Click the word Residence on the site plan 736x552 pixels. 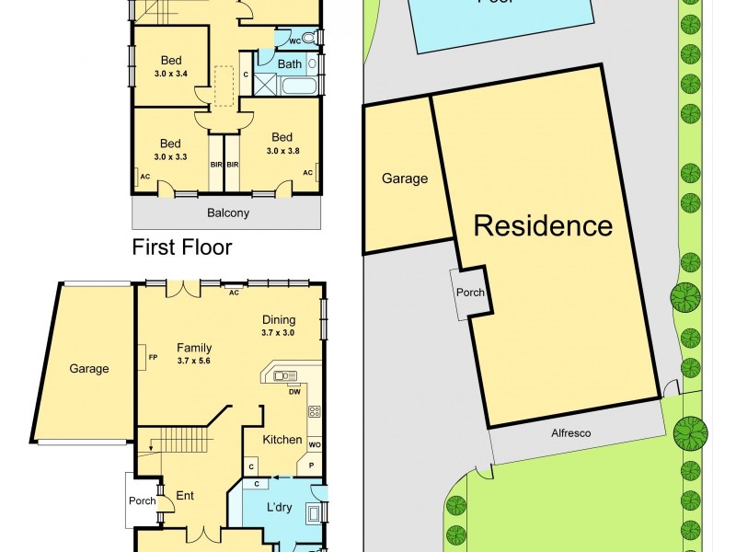(543, 225)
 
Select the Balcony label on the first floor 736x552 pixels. (226, 213)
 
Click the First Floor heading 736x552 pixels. (182, 247)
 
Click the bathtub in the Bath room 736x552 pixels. (300, 88)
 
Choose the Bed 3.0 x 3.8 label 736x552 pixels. (283, 144)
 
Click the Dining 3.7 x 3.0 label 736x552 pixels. (278, 326)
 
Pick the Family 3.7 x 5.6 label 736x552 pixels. (194, 353)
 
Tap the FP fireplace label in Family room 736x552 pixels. (141, 356)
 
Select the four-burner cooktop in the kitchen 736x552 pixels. (314, 411)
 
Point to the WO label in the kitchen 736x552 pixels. (315, 445)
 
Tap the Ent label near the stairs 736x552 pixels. (185, 496)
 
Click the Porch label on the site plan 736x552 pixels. (470, 293)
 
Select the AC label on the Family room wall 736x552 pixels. (234, 293)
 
